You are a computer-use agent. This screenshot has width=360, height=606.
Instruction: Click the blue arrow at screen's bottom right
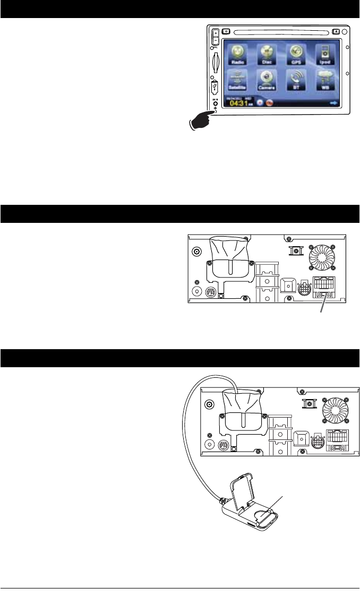pos(333,103)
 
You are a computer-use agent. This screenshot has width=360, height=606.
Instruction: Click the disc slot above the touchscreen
pos(282,30)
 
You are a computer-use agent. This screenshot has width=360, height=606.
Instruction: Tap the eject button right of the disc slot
pos(337,30)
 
